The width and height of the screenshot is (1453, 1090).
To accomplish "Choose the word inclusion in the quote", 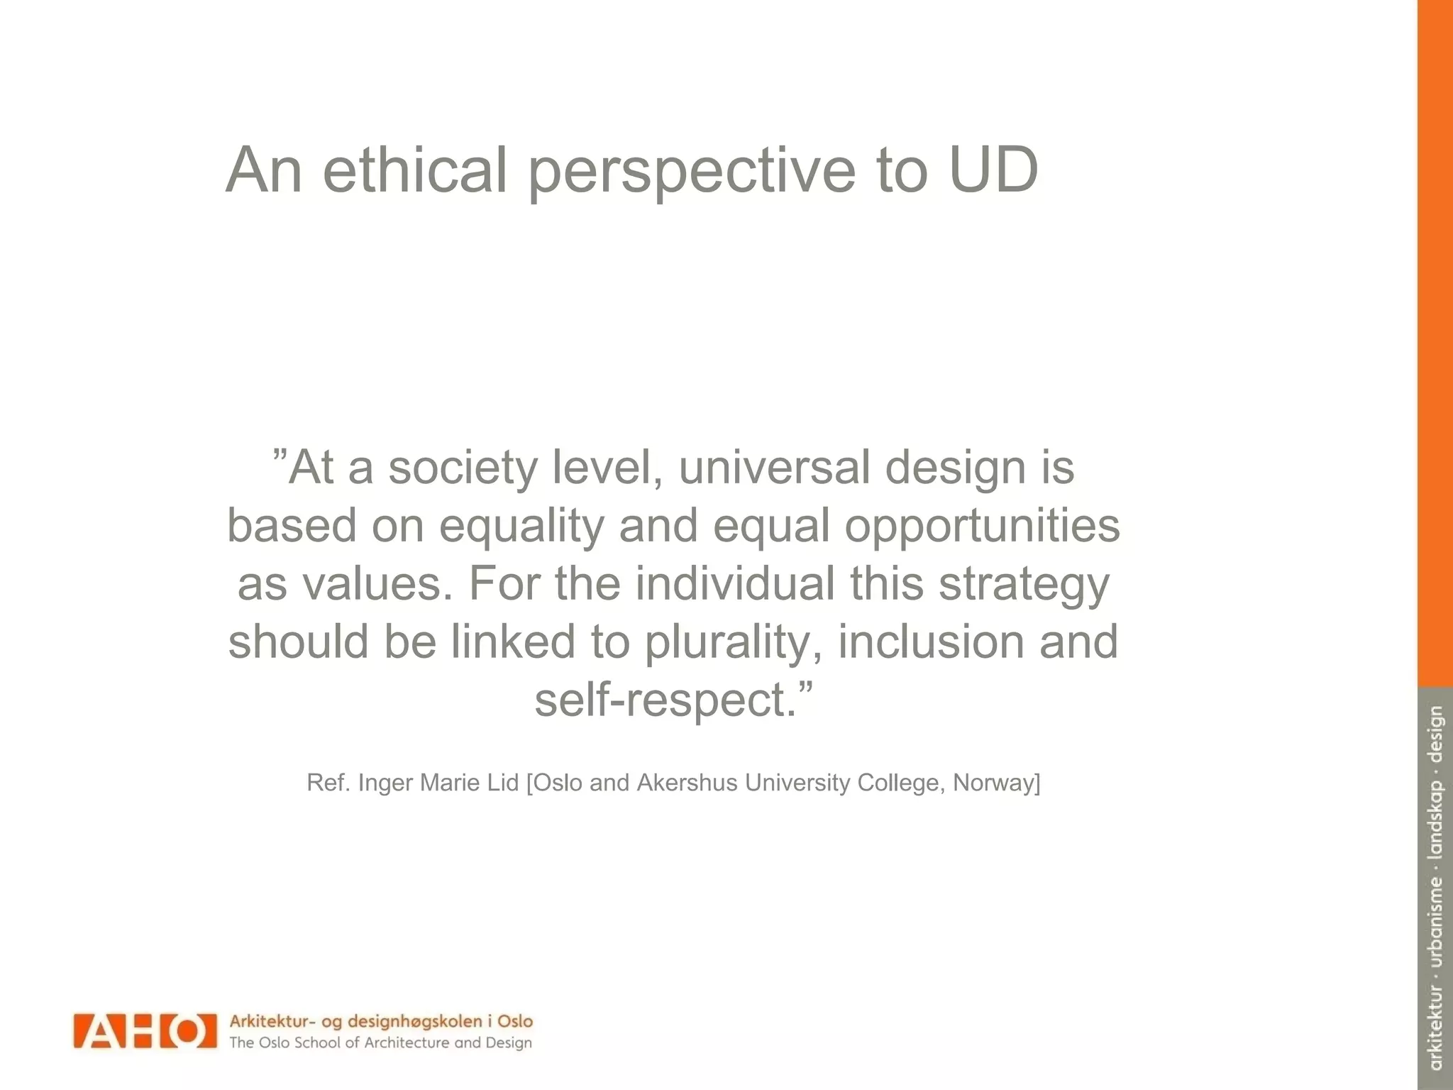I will (931, 641).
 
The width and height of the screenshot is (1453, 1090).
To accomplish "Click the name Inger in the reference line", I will (386, 783).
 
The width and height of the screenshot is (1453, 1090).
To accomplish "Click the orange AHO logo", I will (144, 1030).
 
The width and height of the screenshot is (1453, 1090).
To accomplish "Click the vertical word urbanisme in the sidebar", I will (1436, 923).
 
